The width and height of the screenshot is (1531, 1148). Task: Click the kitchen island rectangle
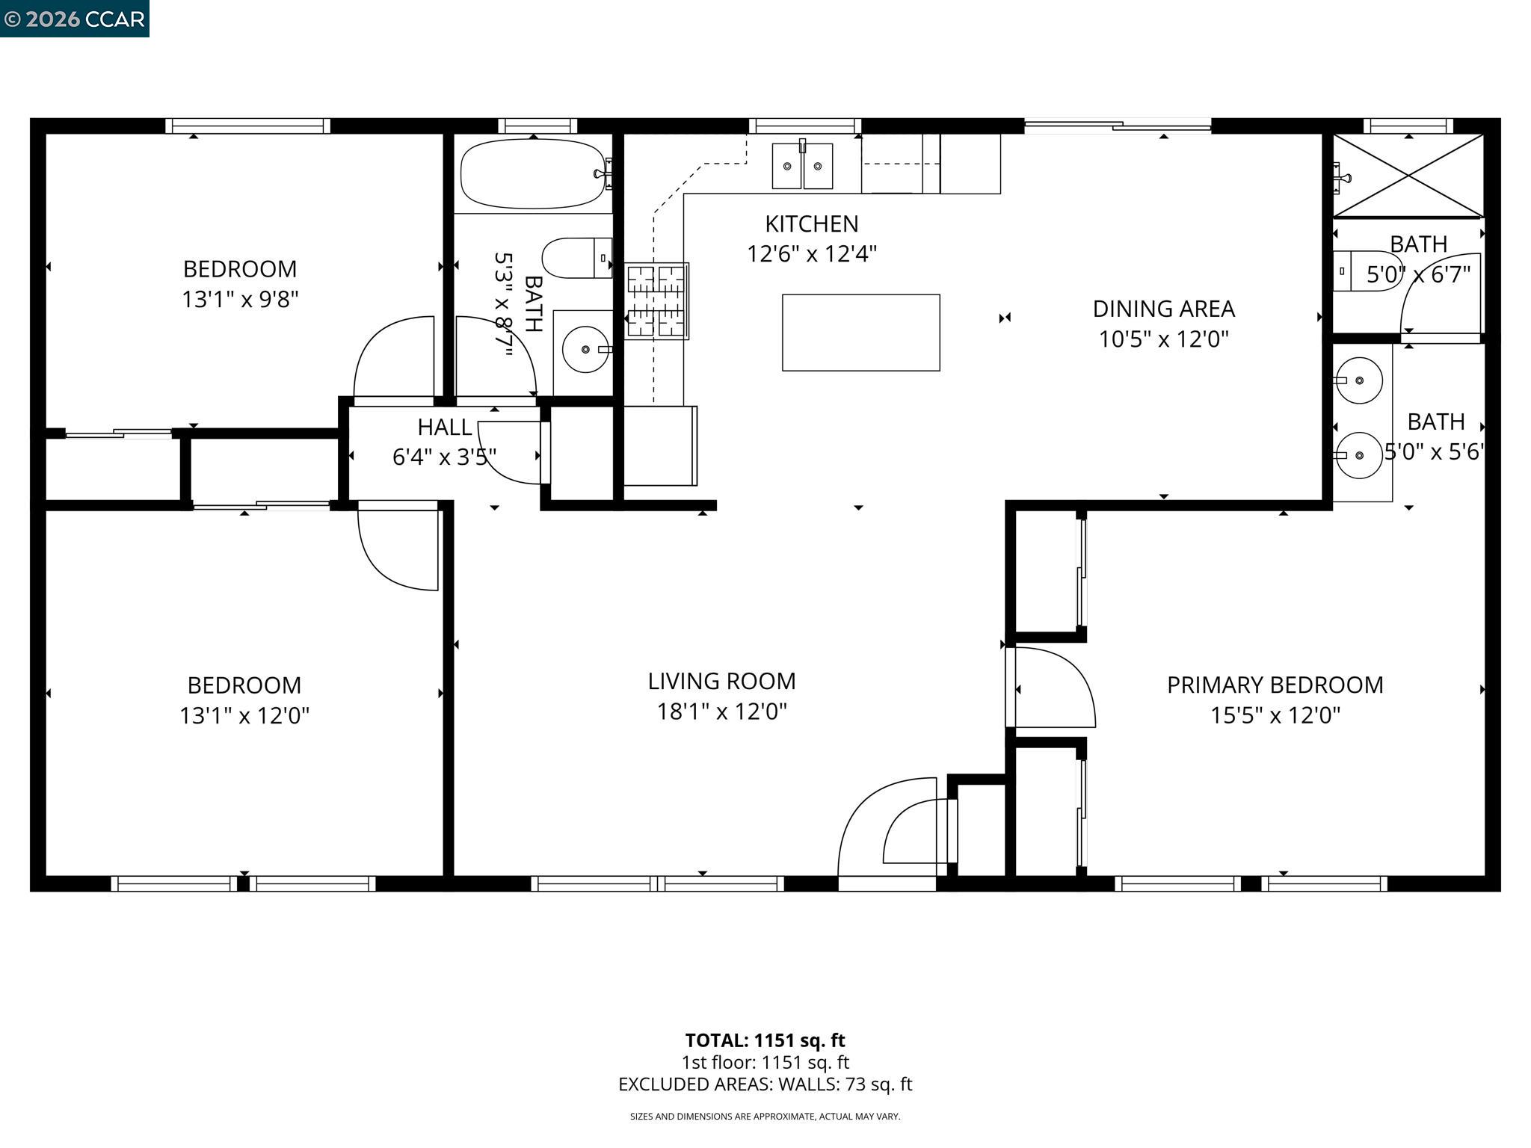pos(860,333)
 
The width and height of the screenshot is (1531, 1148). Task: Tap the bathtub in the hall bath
pos(532,174)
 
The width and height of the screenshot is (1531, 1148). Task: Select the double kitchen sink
pos(802,166)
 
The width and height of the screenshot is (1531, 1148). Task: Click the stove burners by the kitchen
pos(656,301)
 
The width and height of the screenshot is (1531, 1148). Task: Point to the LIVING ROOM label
pos(721,681)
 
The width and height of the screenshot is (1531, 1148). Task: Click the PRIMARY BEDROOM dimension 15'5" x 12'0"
pos(1275,715)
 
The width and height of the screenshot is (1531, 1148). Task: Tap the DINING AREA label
pos(1163,309)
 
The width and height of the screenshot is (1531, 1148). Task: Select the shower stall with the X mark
pos(1408,176)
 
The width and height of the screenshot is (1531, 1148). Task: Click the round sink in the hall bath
pos(585,349)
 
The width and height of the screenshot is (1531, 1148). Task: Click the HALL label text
pos(444,428)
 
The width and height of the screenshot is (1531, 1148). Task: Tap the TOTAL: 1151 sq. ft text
pos(765,1040)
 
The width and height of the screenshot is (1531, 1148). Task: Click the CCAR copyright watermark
pos(74,19)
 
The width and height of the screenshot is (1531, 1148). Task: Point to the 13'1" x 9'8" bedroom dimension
pos(240,300)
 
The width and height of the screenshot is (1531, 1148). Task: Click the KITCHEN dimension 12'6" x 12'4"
pos(811,254)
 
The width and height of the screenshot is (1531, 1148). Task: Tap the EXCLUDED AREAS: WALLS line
pos(765,1084)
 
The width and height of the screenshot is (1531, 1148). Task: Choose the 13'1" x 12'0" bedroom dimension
pos(244,716)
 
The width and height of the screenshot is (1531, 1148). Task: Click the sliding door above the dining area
pos(1117,127)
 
